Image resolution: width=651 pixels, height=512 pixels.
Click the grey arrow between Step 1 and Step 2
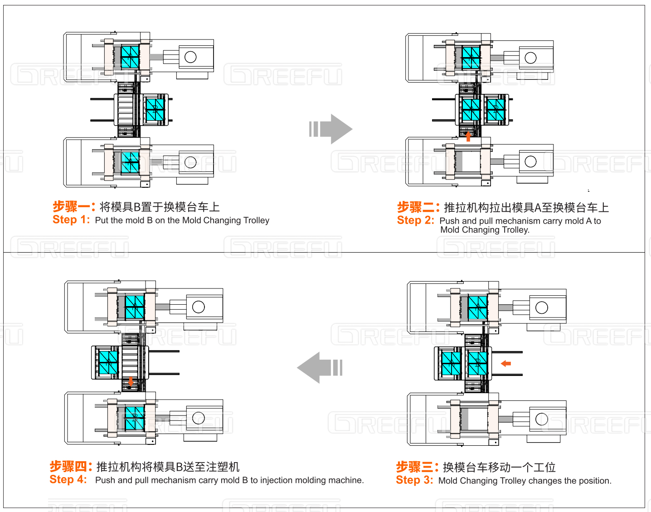coord(331,129)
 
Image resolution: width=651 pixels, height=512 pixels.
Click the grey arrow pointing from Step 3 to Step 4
coord(320,367)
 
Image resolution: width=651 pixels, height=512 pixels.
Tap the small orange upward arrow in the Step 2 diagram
coord(468,136)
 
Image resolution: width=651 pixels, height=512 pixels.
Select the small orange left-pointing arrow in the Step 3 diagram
coord(506,363)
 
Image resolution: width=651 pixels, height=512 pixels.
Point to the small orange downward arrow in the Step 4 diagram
coord(131,381)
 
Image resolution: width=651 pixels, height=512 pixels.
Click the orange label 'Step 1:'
coord(71,220)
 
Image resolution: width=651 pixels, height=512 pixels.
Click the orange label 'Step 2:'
coord(416,220)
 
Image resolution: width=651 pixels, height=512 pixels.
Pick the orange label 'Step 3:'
coord(414,480)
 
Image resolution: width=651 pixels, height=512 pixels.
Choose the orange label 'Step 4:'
coord(68,480)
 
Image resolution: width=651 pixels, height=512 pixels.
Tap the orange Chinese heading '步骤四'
coord(68,467)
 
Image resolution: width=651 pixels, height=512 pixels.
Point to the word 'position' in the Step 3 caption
coord(593,481)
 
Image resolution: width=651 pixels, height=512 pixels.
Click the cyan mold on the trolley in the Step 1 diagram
coord(155,109)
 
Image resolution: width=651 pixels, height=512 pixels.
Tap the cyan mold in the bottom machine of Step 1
coord(131,162)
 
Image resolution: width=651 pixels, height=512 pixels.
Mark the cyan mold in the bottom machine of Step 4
coord(135,417)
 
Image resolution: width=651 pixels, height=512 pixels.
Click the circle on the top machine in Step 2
coord(530,58)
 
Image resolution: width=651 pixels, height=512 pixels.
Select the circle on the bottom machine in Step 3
coord(542,419)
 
